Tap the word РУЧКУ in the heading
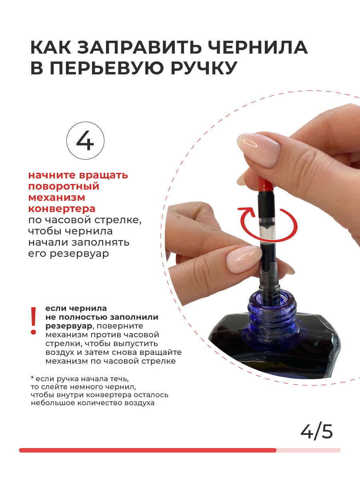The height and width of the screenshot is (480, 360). tap(204, 68)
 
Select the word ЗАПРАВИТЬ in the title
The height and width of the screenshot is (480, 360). tap(139, 47)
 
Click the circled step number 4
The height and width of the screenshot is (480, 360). tap(85, 141)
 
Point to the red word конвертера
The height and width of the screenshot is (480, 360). tap(62, 209)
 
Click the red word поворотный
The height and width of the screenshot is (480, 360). tap(64, 186)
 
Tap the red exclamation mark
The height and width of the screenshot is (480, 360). tap(34, 321)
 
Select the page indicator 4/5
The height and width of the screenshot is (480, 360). tap(316, 432)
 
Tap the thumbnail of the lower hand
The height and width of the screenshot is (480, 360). tap(244, 260)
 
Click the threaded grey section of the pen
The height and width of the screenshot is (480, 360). tap(270, 276)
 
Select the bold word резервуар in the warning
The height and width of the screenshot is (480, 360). tap(69, 326)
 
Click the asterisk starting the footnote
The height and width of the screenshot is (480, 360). tap(32, 378)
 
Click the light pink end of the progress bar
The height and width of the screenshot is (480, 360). tap(308, 450)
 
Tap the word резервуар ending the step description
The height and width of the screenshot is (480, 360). tap(79, 254)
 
